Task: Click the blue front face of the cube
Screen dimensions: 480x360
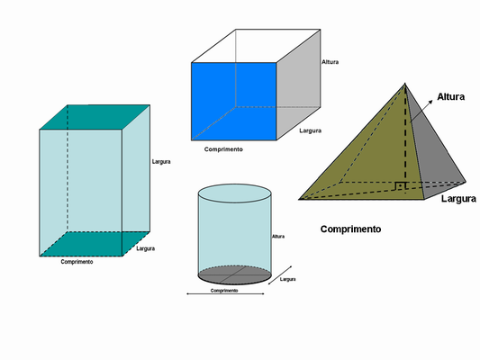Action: tap(234, 101)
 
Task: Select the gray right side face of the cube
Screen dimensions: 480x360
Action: tap(298, 85)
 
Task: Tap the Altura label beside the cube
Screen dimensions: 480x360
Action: tap(330, 62)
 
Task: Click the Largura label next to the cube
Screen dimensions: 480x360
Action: tap(310, 130)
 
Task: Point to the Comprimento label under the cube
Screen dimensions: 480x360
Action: tap(223, 149)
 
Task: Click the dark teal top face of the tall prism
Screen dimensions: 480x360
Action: tap(95, 117)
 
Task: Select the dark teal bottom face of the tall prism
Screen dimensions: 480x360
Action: tap(95, 244)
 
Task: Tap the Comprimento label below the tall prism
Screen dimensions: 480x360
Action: tap(77, 262)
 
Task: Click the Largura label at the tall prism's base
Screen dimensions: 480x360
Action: tap(145, 248)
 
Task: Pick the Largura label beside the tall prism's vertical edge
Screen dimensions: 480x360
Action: tap(161, 161)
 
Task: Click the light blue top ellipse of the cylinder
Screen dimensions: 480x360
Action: tap(235, 193)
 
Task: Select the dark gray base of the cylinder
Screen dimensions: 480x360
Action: tap(235, 275)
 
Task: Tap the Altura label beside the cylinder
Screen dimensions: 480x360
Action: tap(278, 237)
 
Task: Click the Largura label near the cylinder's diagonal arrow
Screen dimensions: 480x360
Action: tap(288, 279)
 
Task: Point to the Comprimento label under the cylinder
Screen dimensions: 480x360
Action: tap(224, 291)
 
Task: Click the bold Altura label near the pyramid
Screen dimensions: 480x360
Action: tap(450, 96)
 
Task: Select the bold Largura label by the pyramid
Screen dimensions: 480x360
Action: tap(458, 199)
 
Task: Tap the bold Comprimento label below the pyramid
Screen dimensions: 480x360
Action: tap(350, 229)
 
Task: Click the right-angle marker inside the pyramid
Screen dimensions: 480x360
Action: tap(400, 186)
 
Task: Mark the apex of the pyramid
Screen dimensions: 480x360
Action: tap(405, 83)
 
